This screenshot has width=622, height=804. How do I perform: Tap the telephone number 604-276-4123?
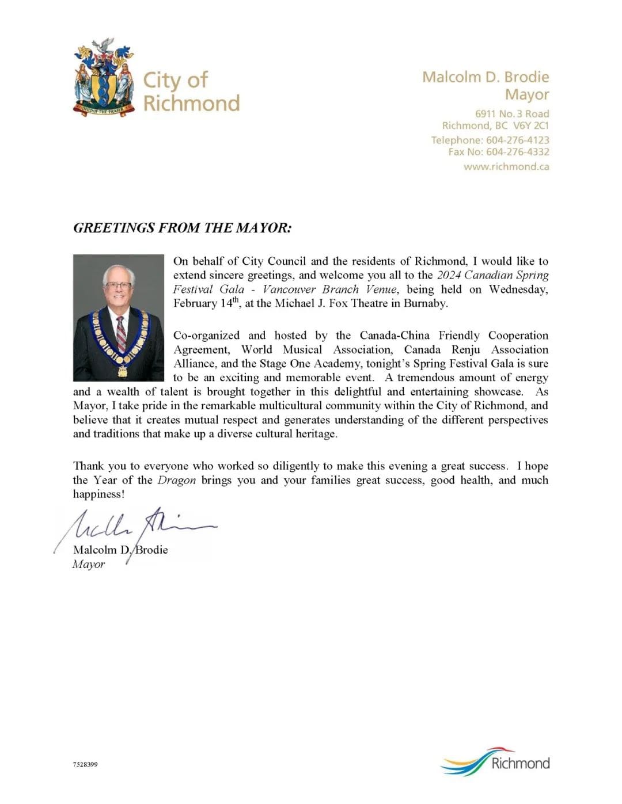(x=517, y=140)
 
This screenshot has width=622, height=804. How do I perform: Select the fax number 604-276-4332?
(x=517, y=152)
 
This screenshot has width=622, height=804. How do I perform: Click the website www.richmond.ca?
(x=506, y=166)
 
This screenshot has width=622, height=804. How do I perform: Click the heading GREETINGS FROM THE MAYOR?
(x=182, y=228)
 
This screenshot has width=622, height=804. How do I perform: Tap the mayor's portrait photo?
(x=119, y=318)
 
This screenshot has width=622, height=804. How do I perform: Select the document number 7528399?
(x=85, y=764)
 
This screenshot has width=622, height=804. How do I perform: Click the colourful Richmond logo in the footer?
(x=496, y=763)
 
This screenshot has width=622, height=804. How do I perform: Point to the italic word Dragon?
(x=176, y=480)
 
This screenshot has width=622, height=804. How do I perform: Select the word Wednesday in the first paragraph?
(x=518, y=289)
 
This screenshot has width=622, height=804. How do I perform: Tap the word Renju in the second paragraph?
(x=465, y=349)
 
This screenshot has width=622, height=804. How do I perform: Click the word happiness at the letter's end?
(x=97, y=494)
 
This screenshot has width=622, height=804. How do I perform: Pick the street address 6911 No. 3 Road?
(x=512, y=114)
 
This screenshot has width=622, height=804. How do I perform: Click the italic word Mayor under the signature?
(x=89, y=565)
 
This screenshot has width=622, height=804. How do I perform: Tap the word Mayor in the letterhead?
(x=526, y=94)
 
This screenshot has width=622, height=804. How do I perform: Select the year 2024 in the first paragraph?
(x=449, y=275)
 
